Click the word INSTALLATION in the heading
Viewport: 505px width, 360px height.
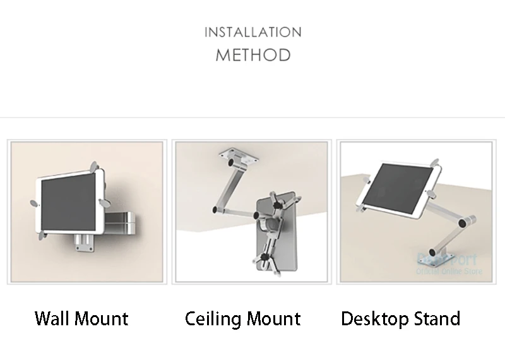tap(252, 32)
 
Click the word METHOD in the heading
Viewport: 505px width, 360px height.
tap(253, 55)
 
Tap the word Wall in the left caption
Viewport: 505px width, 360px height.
tap(52, 318)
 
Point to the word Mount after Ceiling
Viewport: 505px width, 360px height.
tap(273, 318)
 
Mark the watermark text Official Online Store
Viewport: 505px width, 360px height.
tap(450, 272)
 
